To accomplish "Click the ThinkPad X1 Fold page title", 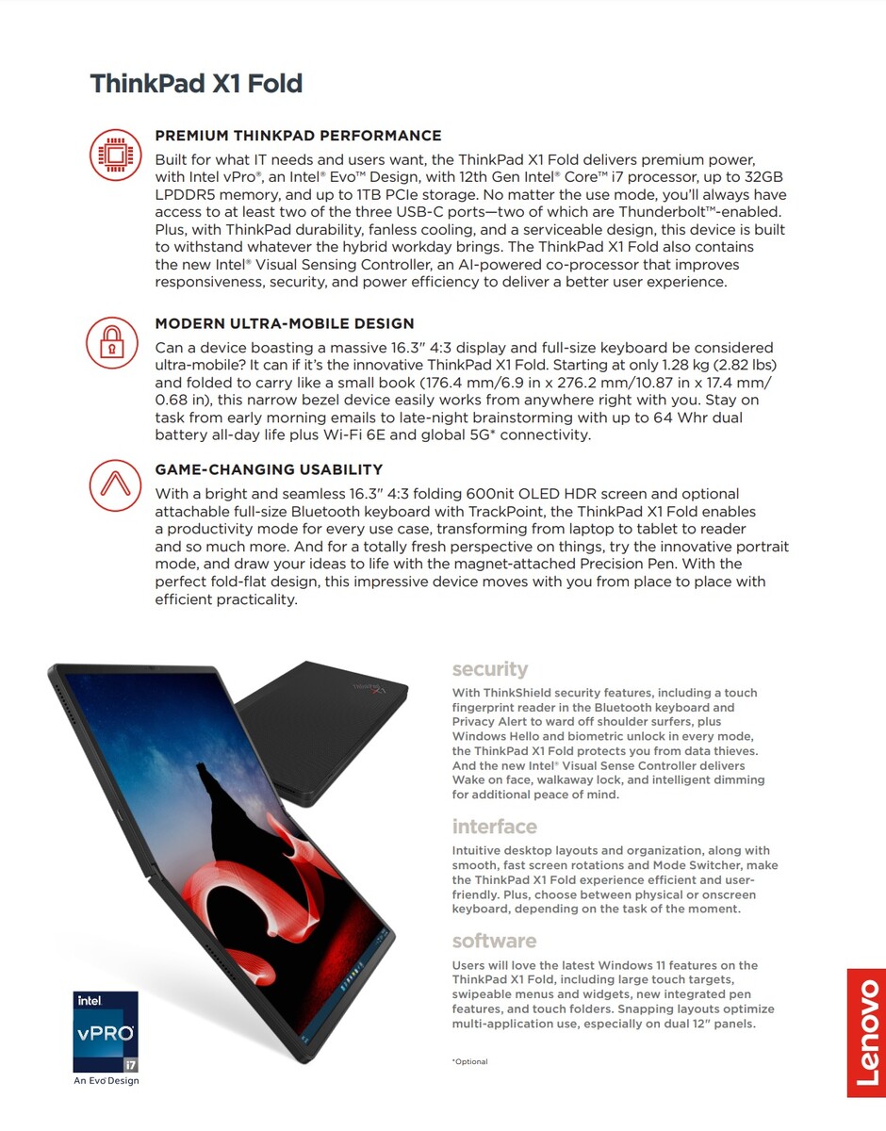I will (x=196, y=84).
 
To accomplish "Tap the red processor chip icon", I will (x=115, y=156).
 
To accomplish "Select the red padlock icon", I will (x=111, y=341).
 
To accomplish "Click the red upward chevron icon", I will (x=115, y=484).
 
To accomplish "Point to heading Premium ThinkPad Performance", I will (x=298, y=136).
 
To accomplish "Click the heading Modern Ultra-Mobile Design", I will (x=285, y=323).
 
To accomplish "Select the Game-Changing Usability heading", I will (x=269, y=469).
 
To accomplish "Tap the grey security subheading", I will (x=490, y=669).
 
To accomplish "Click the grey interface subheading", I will (x=494, y=827).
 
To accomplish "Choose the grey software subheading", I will (x=494, y=941).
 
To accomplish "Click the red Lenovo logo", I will (x=865, y=1033).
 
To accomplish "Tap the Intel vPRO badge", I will (x=106, y=1031).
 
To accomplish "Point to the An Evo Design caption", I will (x=107, y=1080).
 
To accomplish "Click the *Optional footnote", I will (x=470, y=1061).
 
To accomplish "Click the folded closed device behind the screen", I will (x=330, y=716).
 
